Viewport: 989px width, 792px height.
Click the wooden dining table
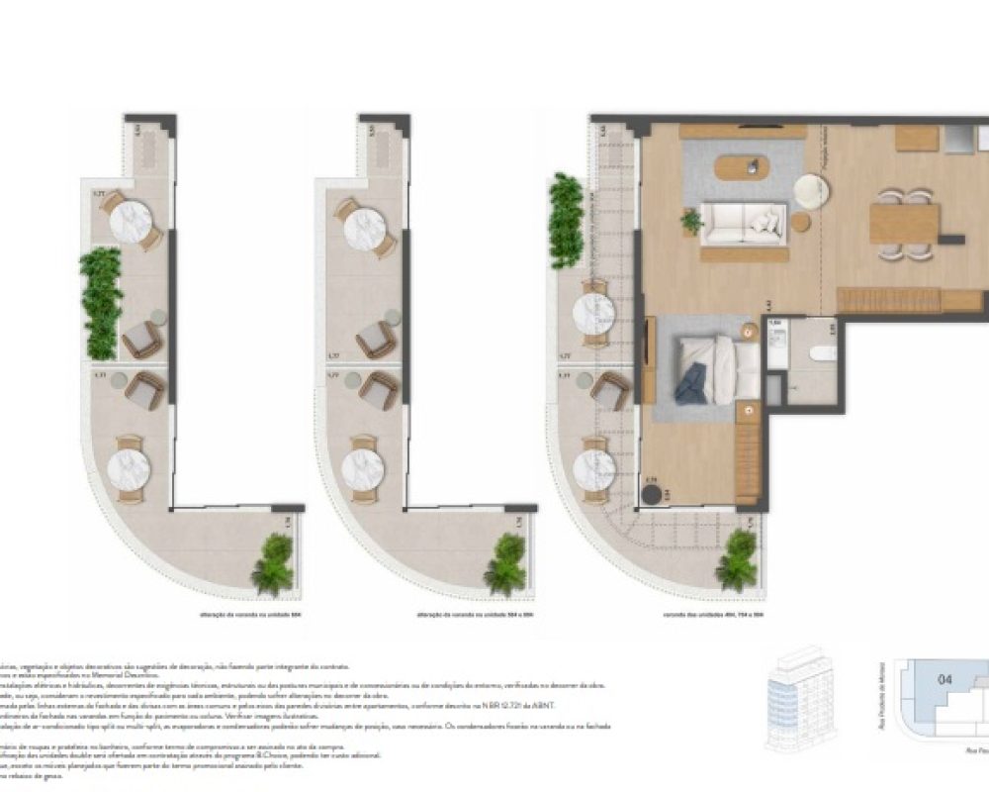(903, 224)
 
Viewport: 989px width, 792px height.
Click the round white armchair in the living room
(811, 191)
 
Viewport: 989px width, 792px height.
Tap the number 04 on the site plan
(944, 679)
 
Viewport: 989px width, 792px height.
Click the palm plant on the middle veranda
(505, 564)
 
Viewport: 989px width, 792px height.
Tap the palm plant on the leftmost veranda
(273, 564)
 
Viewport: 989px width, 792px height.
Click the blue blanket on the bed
(691, 382)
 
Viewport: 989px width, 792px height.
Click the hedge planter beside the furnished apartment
(565, 220)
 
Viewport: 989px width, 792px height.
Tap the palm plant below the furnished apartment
(737, 561)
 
